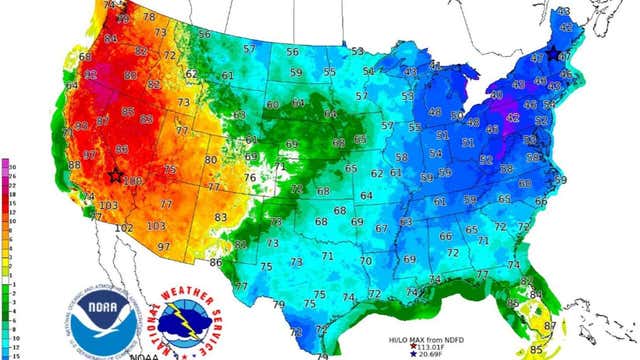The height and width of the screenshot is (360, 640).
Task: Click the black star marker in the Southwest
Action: click(x=116, y=175)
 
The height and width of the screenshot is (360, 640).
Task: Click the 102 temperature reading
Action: click(x=123, y=228)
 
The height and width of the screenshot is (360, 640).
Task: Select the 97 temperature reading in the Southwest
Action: click(x=164, y=246)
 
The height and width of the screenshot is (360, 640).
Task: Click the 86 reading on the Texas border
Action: click(x=215, y=262)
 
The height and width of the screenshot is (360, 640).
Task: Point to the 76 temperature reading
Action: click(x=251, y=178)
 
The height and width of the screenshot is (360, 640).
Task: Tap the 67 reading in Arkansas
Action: click(x=379, y=228)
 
